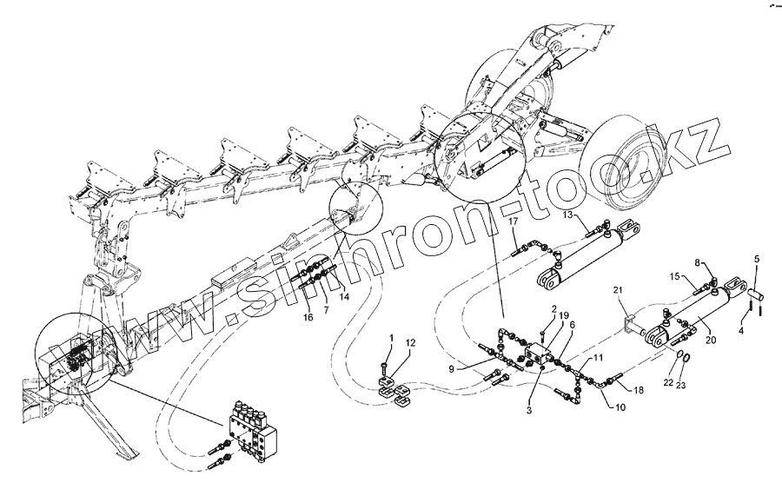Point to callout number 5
756,259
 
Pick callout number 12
410,342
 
